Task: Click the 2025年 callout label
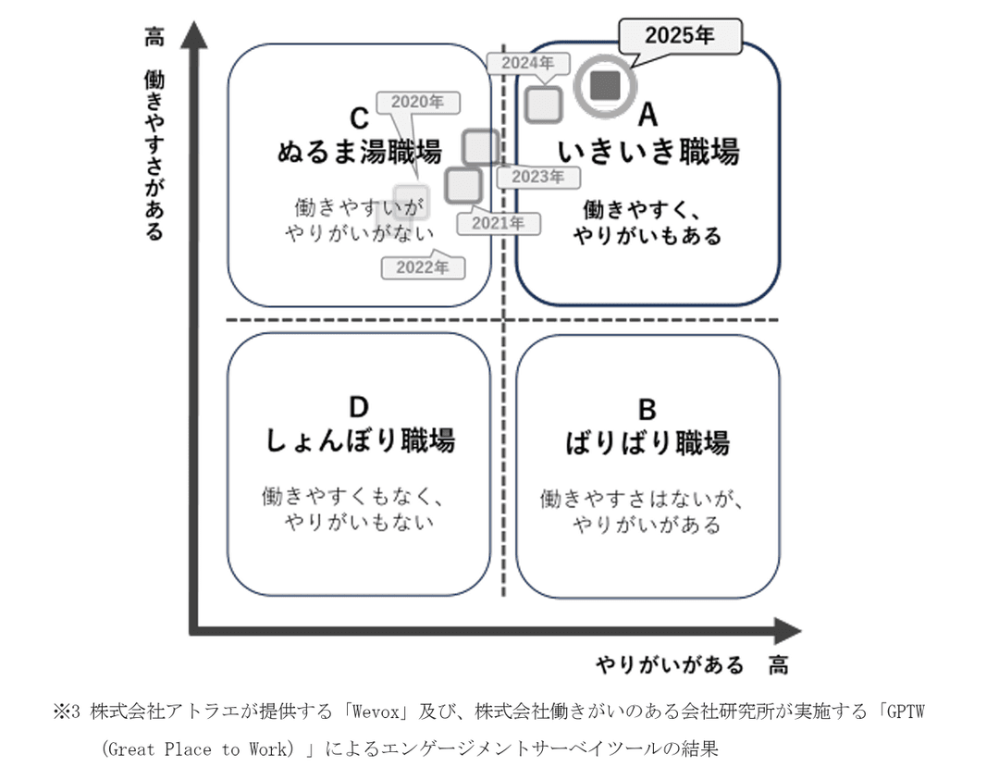click(x=680, y=36)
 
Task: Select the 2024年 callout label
click(x=521, y=64)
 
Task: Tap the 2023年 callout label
click(x=538, y=177)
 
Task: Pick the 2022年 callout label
click(x=423, y=267)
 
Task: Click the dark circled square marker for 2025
click(x=606, y=86)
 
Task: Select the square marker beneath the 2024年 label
click(x=544, y=103)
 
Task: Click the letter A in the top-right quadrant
click(x=647, y=116)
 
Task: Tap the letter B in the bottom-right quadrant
click(x=647, y=408)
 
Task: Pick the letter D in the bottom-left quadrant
click(x=359, y=407)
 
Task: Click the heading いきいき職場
click(x=647, y=150)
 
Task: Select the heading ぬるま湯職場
click(x=360, y=151)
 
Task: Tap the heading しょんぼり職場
click(x=360, y=440)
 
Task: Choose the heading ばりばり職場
click(x=647, y=441)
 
